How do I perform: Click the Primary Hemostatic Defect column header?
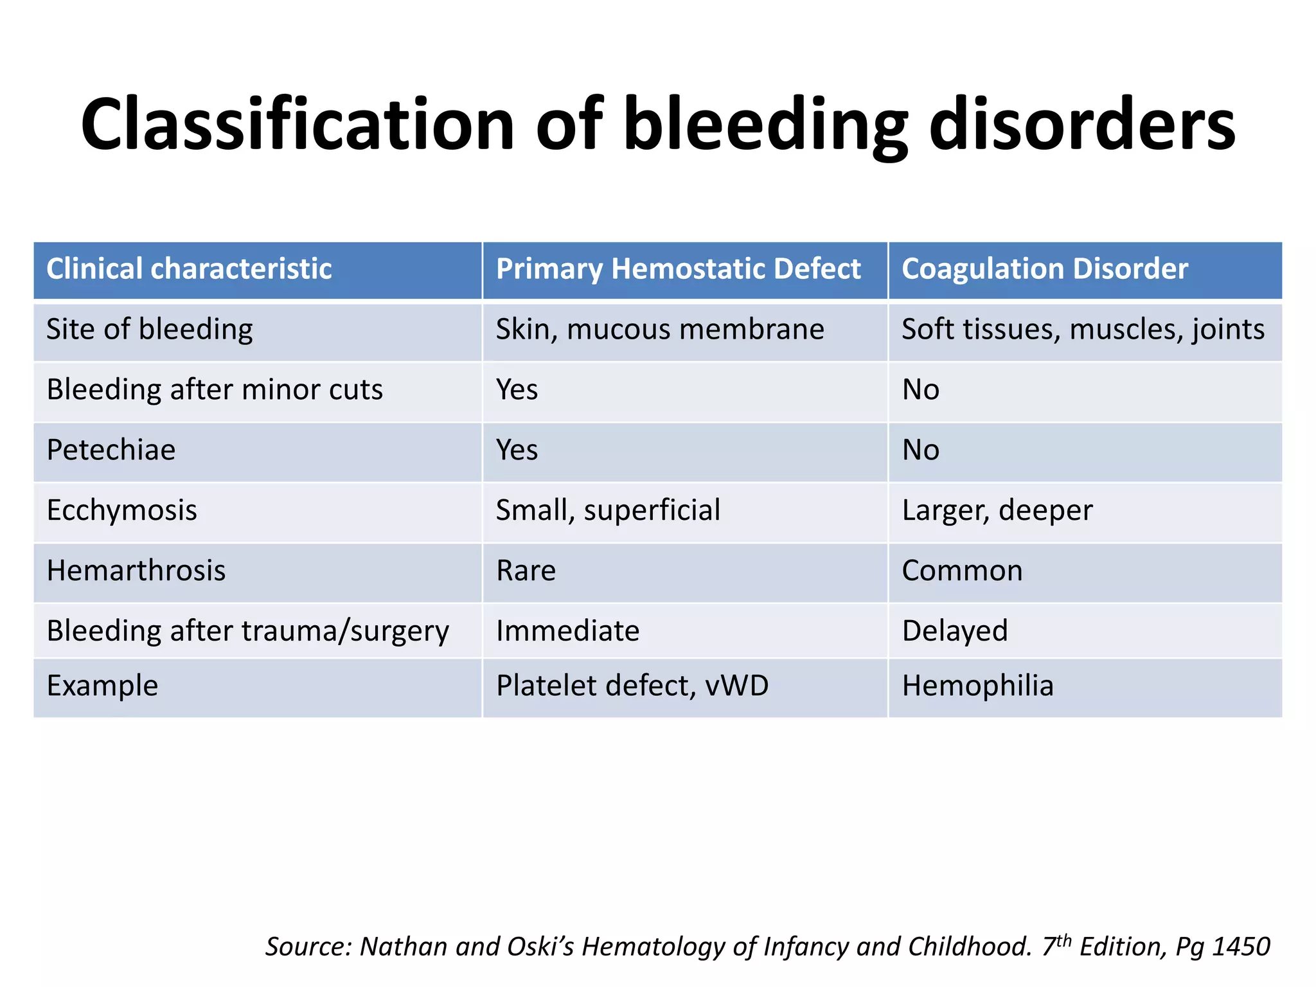coord(678,269)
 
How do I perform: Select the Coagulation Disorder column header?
coord(1044,269)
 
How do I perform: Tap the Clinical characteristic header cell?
coord(189,269)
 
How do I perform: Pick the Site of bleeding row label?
coord(150,330)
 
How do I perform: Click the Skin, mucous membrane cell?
coord(659,330)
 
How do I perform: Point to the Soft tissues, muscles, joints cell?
coord(1083,330)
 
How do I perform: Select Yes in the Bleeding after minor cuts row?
coord(517,390)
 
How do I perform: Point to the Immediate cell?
coord(567,631)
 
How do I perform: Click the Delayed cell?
coord(954,631)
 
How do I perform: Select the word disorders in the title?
coord(1082,124)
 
